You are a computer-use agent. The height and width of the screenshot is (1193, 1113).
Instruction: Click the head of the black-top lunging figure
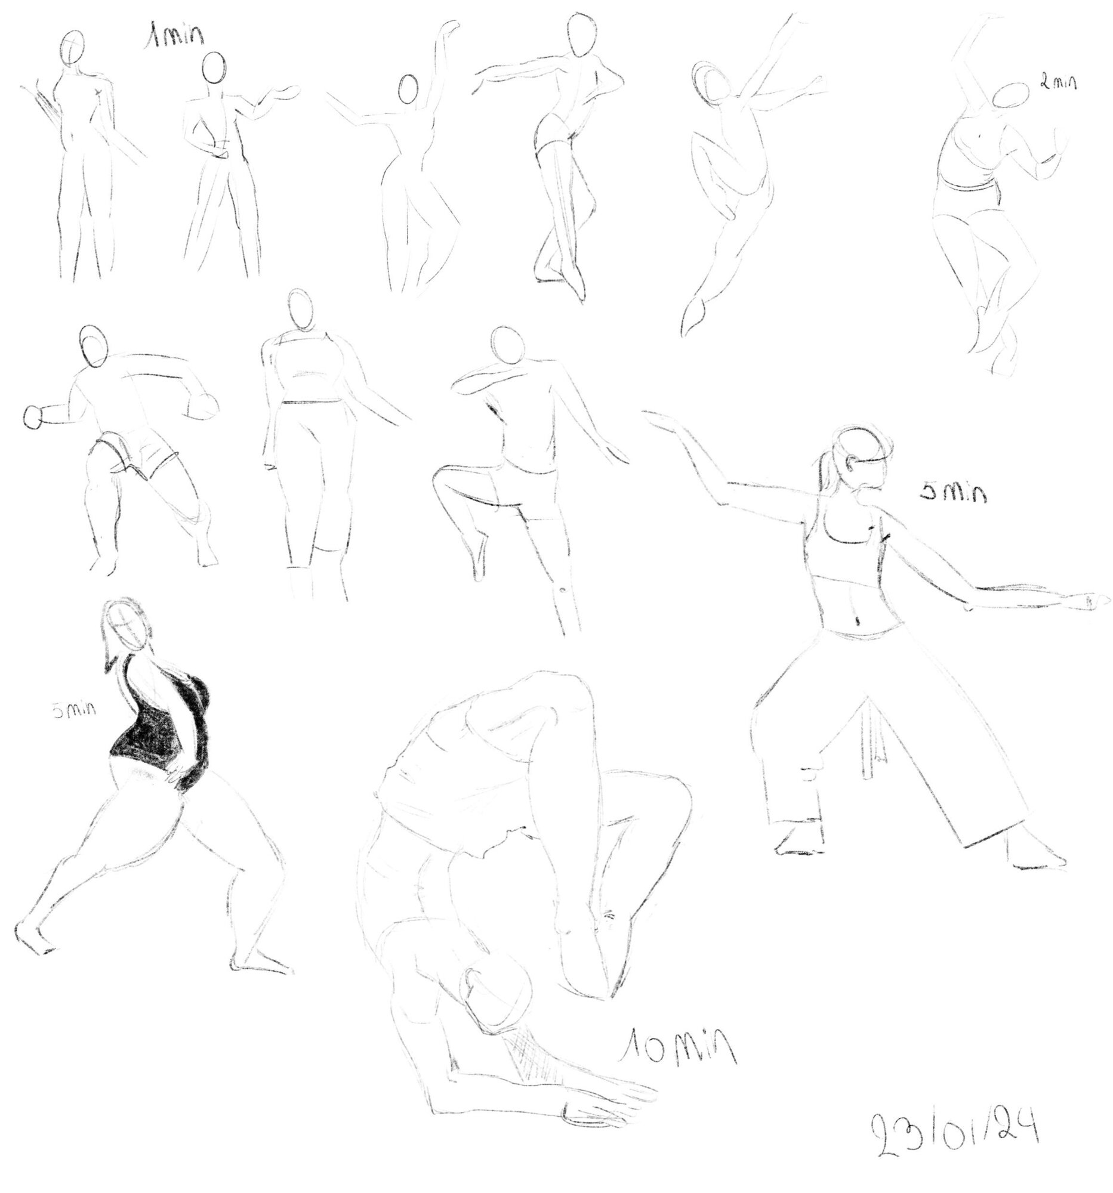coord(127,625)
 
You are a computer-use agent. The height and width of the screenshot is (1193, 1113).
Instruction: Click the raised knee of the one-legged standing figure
coord(443,475)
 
